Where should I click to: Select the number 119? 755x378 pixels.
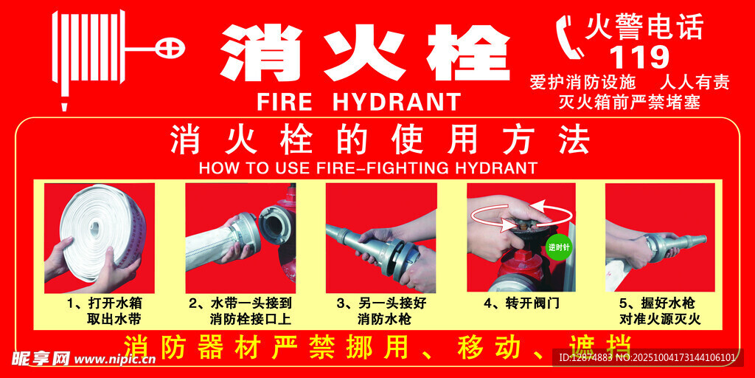(x=639, y=58)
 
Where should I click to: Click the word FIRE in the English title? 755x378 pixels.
(x=285, y=101)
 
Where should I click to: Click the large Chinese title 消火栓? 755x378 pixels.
(x=365, y=53)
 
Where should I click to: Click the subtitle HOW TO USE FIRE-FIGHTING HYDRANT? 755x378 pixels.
(x=368, y=168)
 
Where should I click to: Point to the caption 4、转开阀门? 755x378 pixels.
(x=522, y=303)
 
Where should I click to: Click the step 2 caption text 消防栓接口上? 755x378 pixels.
(x=251, y=320)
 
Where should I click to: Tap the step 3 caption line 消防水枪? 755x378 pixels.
(x=384, y=320)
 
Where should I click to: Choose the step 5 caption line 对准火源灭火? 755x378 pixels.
(x=660, y=320)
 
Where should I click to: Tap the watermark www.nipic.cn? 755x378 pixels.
(x=115, y=360)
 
